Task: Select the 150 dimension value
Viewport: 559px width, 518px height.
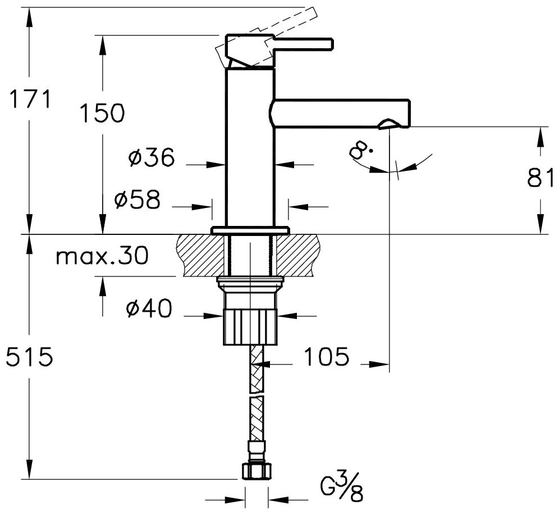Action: tap(100, 114)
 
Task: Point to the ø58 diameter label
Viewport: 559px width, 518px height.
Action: tap(137, 200)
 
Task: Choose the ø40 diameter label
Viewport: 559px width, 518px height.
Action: tap(148, 309)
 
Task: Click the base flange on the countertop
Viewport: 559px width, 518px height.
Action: tap(250, 230)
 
